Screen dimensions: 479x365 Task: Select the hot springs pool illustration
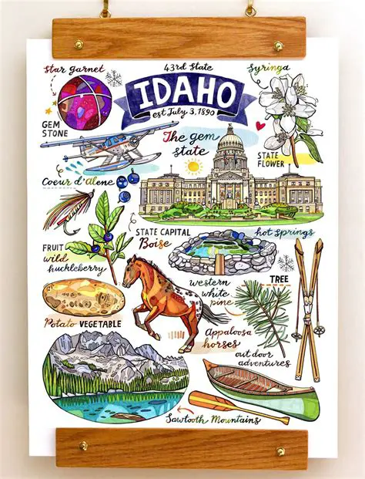223,251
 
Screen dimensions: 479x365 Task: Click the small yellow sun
194,166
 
